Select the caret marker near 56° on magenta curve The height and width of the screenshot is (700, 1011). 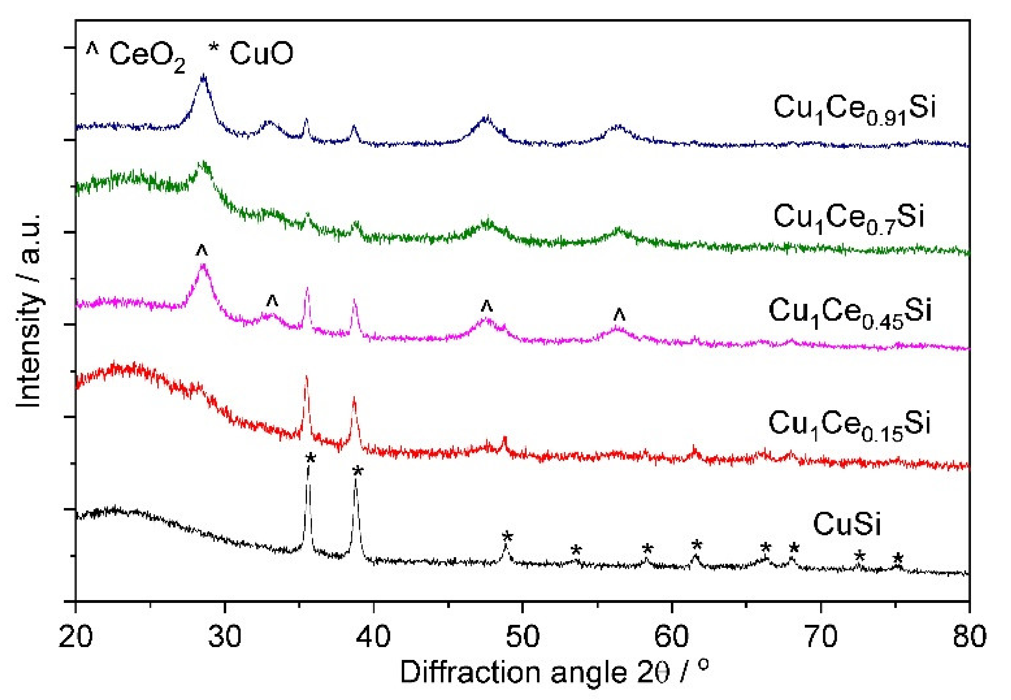619,314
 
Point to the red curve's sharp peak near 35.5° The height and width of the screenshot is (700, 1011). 306,378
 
